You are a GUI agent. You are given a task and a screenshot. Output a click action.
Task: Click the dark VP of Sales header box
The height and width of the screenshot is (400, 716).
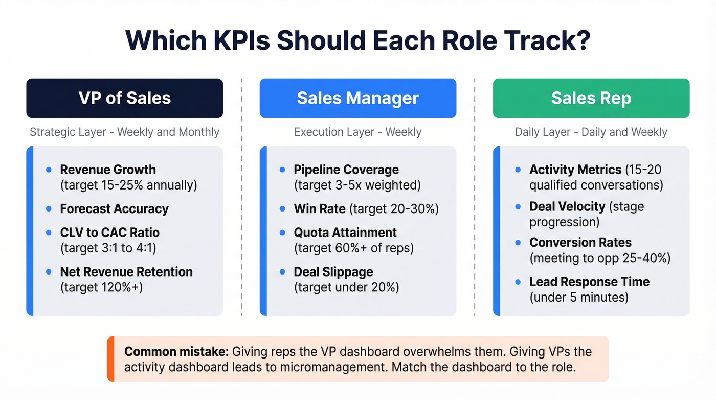pos(124,98)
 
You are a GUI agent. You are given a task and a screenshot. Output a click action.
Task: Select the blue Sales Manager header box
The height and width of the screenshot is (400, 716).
pos(357,98)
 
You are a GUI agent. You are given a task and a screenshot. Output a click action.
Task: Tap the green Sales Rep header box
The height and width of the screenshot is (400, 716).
pos(591,98)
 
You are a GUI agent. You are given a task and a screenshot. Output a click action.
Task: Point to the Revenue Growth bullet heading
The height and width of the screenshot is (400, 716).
pos(108,170)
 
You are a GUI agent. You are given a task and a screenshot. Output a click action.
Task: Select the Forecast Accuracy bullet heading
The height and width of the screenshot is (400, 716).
pos(114,209)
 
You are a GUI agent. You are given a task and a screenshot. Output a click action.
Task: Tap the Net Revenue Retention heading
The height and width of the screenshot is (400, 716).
pos(126,272)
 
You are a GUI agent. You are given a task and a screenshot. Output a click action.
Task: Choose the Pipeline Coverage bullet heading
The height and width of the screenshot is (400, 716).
pos(346,170)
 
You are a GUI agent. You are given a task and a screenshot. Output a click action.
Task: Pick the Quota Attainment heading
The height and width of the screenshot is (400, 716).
pos(345,233)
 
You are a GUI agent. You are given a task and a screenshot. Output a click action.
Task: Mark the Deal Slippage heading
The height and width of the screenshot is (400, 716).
pos(333,272)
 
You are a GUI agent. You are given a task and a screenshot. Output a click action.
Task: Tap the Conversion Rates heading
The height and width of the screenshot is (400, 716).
pos(580,242)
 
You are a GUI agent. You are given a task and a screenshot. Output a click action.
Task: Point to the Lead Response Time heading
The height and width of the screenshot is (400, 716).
pos(589,282)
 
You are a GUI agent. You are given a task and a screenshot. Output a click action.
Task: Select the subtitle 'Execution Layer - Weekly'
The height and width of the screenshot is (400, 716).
pos(357,132)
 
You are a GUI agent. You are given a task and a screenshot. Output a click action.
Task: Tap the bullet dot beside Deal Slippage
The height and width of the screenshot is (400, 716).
pos(282,272)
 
